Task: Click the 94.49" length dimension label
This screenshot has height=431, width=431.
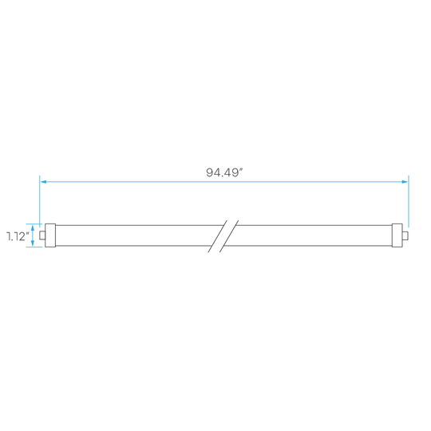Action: [224, 172]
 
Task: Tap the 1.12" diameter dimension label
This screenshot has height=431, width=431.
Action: [18, 236]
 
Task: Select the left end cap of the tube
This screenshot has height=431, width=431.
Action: [50, 235]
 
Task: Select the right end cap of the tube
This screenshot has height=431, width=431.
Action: [397, 235]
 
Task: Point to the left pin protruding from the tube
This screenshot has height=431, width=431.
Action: [42, 235]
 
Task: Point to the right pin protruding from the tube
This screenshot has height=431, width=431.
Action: [405, 235]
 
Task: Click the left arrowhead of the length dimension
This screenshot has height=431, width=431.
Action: [43, 182]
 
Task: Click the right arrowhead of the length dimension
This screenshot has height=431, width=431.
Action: [405, 182]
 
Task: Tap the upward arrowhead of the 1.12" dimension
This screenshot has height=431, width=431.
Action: [33, 227]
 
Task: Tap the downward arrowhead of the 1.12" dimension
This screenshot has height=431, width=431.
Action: [33, 243]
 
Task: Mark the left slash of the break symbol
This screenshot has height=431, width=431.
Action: [217, 236]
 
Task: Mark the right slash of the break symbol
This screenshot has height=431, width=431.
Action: [229, 236]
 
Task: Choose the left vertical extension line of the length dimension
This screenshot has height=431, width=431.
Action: [40, 201]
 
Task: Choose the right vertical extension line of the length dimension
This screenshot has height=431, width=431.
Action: [409, 201]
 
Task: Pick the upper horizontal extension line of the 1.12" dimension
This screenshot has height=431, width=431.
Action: [34, 223]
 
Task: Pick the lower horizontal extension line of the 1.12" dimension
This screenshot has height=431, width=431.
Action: [34, 247]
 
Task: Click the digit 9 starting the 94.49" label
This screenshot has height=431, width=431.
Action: [210, 172]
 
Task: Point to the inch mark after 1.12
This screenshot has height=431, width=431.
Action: [27, 233]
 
